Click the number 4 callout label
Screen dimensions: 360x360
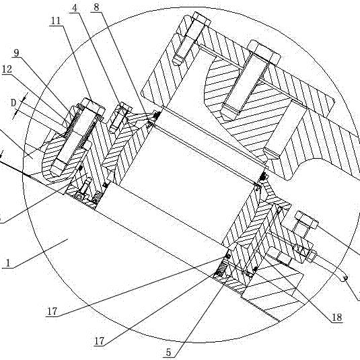[75, 8]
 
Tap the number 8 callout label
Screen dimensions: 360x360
[96, 7]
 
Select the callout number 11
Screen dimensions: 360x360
[56, 21]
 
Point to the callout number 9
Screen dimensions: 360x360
[16, 53]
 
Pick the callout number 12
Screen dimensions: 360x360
[7, 69]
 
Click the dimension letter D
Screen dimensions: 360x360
[13, 103]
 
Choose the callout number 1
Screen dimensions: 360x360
[8, 263]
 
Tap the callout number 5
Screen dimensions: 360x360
[169, 353]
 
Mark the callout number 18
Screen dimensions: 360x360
[337, 318]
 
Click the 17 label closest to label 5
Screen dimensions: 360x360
[100, 341]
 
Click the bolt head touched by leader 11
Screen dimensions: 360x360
[94, 107]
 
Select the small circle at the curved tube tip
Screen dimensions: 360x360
[345, 279]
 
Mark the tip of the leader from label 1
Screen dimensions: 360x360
[68, 239]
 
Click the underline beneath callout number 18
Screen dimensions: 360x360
[337, 322]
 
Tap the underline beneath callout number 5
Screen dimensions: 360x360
[170, 358]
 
